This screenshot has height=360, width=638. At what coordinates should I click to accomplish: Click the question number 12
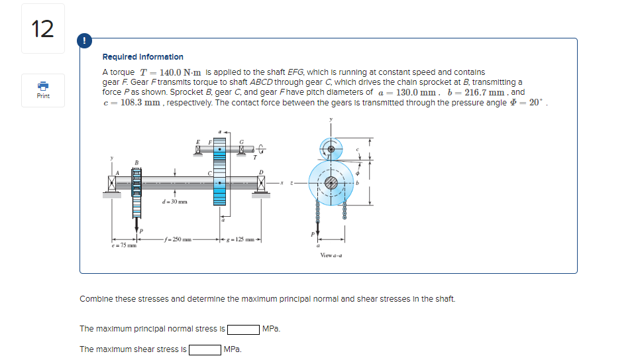[x=43, y=29]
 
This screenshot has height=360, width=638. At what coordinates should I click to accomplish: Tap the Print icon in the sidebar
[x=43, y=86]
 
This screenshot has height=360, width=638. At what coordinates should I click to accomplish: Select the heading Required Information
[x=142, y=57]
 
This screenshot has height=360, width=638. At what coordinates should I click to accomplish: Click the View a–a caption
[x=331, y=255]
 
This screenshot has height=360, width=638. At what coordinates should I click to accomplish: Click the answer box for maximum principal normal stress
[x=243, y=329]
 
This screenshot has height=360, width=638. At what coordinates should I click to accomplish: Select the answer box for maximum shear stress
[x=205, y=349]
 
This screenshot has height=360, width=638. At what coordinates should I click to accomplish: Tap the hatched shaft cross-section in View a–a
[x=331, y=180]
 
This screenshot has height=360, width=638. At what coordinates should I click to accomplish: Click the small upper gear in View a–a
[x=329, y=149]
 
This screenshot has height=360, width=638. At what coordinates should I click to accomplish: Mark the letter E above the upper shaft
[x=197, y=142]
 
